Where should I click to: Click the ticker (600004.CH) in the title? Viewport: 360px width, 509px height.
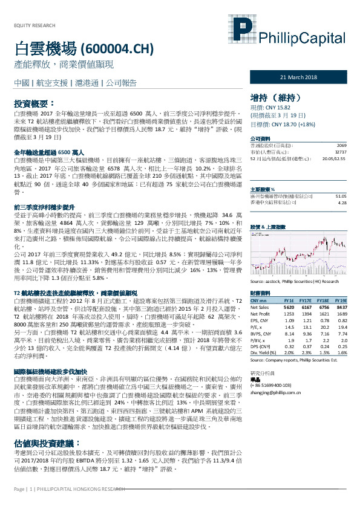[117, 48]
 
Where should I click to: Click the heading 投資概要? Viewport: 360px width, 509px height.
[34, 103]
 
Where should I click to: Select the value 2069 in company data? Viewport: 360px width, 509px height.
[341, 146]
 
